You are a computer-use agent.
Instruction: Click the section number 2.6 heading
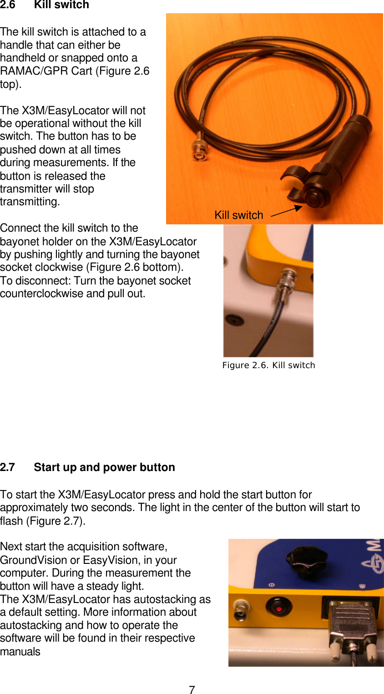tap(7, 5)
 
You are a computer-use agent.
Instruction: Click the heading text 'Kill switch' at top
tap(61, 5)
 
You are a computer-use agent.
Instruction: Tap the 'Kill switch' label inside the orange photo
tap(239, 215)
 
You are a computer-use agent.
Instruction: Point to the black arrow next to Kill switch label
tap(287, 211)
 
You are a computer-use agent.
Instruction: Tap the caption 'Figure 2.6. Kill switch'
tap(268, 365)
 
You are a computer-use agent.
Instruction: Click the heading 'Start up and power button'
tap(104, 467)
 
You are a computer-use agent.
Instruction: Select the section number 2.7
tap(7, 467)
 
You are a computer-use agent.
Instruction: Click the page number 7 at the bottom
tap(192, 690)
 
